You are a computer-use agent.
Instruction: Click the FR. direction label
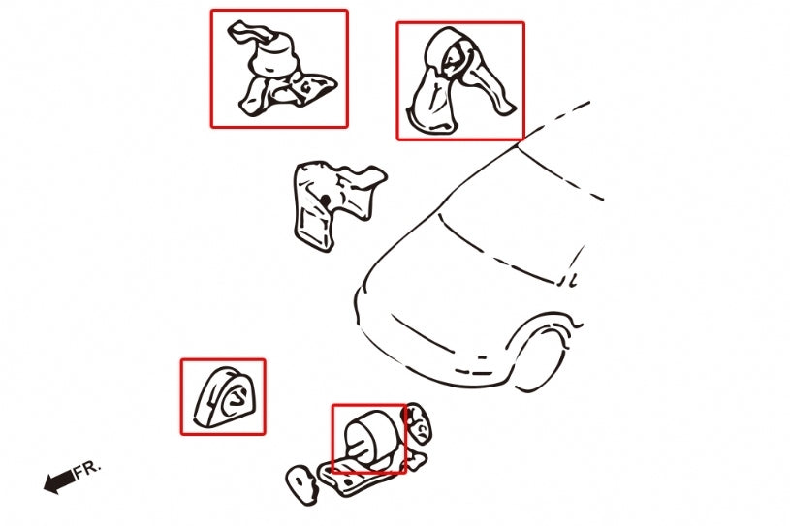(x=87, y=469)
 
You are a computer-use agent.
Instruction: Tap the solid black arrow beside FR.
(x=59, y=481)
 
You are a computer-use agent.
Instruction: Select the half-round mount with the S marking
(x=225, y=397)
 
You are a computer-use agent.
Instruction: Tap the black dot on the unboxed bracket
(x=326, y=201)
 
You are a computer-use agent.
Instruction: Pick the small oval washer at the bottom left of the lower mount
(x=301, y=484)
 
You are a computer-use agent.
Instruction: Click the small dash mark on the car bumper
(x=482, y=357)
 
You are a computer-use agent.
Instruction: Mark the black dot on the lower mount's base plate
(x=348, y=482)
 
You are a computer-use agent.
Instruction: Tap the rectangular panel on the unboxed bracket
(x=313, y=227)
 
